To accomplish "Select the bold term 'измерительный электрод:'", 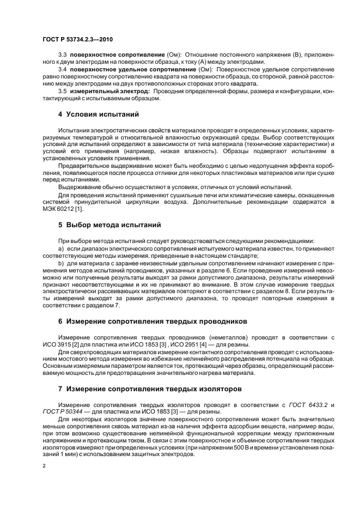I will coord(106,90).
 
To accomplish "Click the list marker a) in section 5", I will coord(61,248).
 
